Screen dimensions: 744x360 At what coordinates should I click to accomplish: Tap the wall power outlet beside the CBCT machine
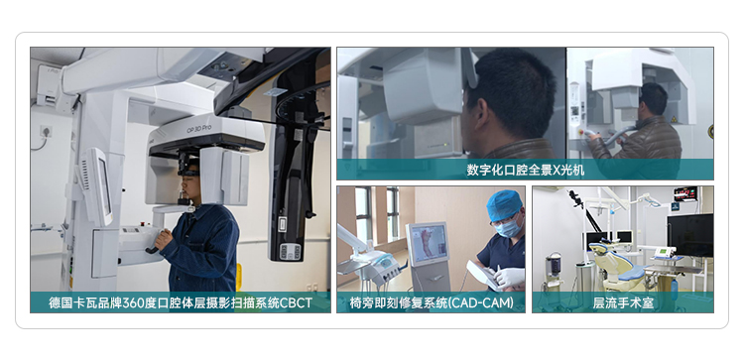point(46,131)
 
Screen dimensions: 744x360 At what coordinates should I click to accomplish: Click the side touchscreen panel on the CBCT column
point(99,186)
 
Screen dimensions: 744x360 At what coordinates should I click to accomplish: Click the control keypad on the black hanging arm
point(290,251)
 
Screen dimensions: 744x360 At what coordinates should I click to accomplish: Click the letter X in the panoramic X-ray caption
point(558,170)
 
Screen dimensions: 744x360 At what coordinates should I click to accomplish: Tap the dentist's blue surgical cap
point(504,204)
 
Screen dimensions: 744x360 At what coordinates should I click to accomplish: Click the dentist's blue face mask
point(507,229)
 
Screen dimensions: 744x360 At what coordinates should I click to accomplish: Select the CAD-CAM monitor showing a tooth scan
point(429,244)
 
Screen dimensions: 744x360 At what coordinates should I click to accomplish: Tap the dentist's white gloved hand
point(509,277)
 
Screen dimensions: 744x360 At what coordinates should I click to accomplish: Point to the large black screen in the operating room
point(690,236)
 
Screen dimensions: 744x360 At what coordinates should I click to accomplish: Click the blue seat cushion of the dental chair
point(631,274)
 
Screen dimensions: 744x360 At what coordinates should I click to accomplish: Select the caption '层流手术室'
point(624,302)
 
